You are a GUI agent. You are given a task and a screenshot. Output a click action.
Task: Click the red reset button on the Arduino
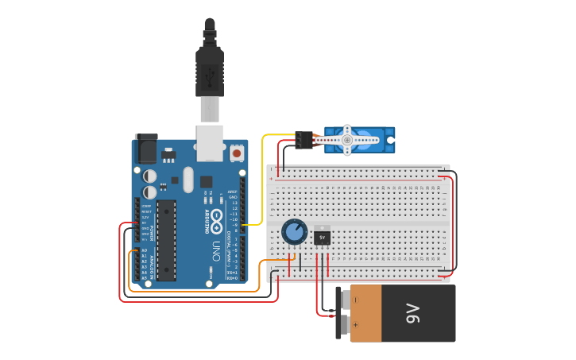pos(238,152)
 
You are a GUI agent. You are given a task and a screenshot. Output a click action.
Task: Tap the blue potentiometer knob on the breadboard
pos(294,232)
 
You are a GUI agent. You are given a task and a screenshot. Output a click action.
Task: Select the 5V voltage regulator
pos(322,236)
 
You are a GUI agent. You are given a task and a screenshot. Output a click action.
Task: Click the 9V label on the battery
pos(412,313)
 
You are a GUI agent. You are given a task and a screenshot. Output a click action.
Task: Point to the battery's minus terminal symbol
pos(355,300)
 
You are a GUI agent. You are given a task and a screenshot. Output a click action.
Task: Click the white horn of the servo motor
pos(346,139)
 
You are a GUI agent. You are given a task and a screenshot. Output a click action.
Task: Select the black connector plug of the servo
pos(303,140)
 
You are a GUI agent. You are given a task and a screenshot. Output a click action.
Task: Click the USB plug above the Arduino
pos(210,75)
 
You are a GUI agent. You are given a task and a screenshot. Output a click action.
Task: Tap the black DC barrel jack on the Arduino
pos(146,149)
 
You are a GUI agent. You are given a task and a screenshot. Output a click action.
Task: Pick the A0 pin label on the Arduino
pos(145,250)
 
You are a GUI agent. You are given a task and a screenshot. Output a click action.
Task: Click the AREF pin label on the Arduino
pos(233,192)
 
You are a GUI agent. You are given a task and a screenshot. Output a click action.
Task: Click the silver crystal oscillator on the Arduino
pos(187,180)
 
